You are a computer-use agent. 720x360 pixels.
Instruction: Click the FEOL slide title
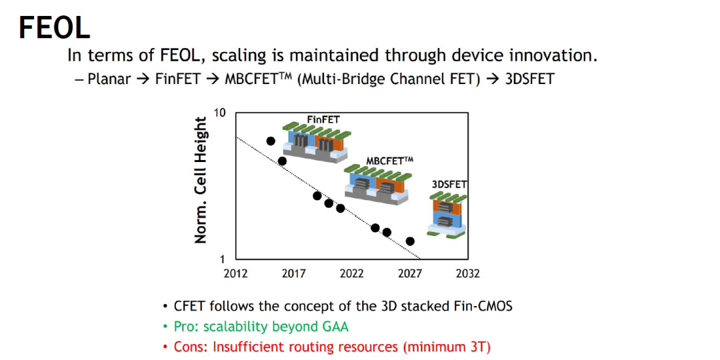[x=54, y=27]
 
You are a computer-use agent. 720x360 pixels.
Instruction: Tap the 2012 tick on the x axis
[x=235, y=274]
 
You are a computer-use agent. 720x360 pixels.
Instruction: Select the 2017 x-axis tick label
[x=293, y=274]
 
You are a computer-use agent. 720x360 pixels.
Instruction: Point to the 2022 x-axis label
[x=352, y=274]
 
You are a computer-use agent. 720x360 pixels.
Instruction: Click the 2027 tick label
[x=409, y=274]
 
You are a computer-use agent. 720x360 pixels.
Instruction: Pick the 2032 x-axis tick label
[x=467, y=274]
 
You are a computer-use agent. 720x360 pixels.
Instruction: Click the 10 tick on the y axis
[x=222, y=113]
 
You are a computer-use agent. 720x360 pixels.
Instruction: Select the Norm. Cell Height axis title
[x=200, y=181]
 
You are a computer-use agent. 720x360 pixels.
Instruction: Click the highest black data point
[x=271, y=141]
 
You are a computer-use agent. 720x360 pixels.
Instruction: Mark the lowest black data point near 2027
[x=411, y=241]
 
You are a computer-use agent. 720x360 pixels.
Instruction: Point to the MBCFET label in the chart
[x=390, y=161]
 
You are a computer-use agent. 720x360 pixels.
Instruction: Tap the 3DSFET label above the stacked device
[x=449, y=185]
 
